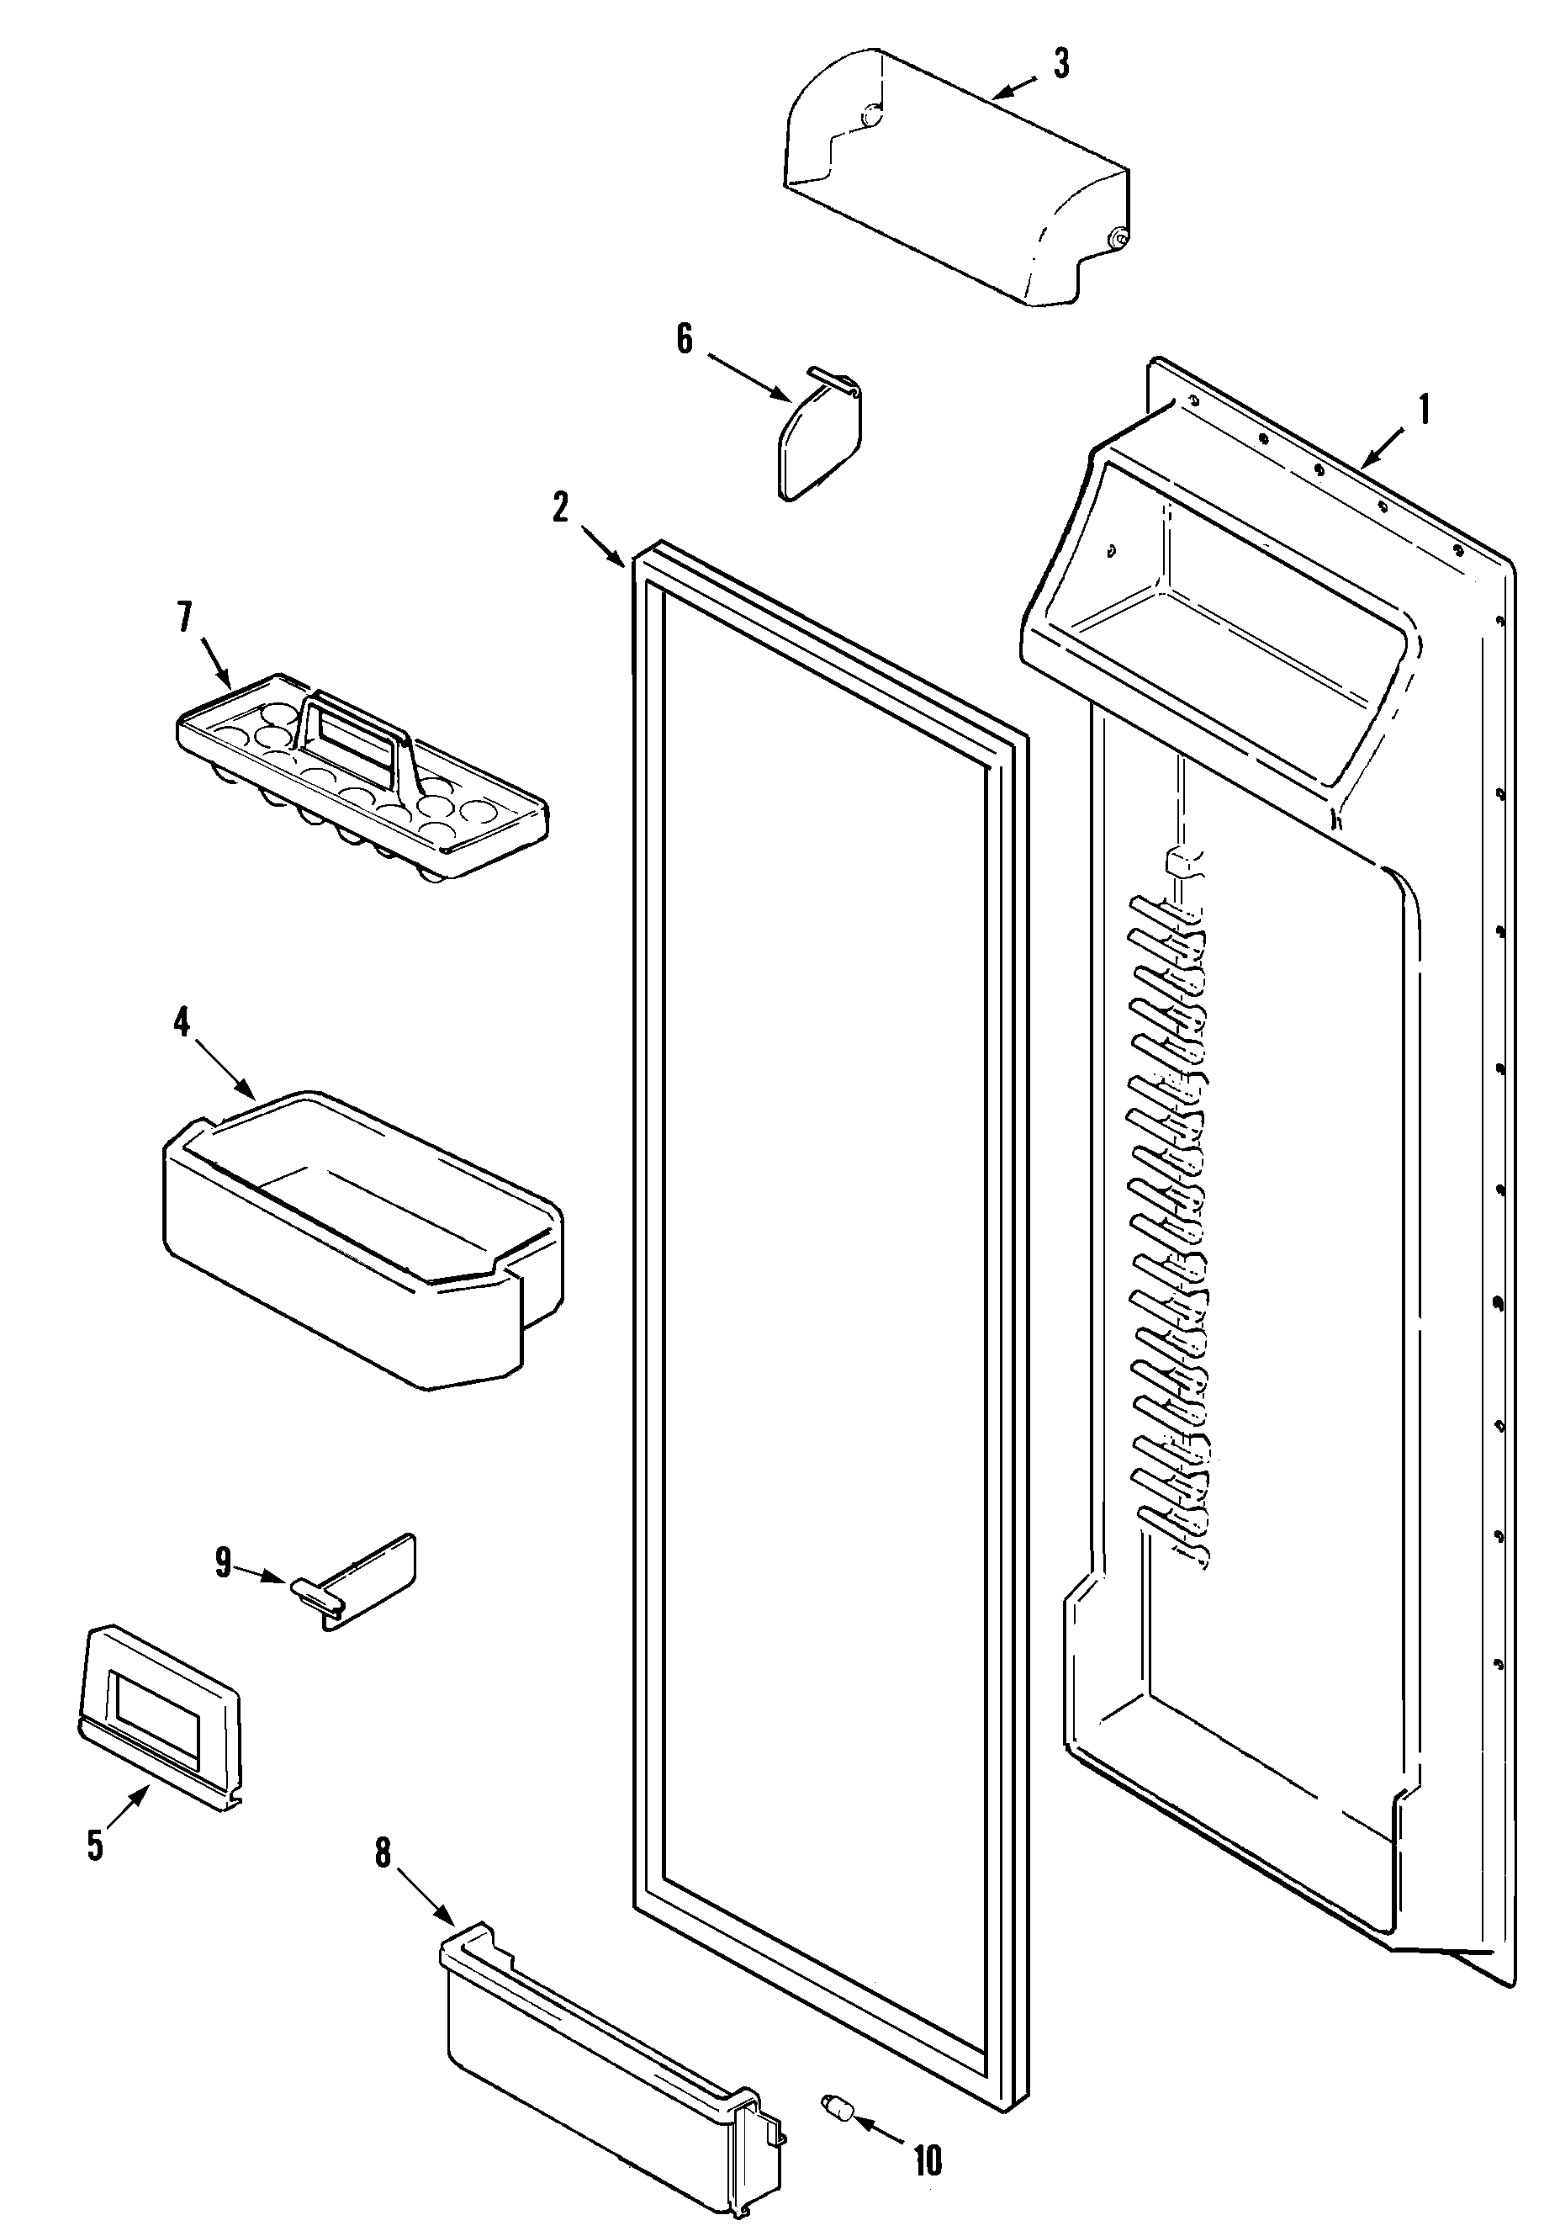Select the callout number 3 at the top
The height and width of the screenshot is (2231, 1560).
(1061, 63)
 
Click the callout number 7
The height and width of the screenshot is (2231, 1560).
(184, 616)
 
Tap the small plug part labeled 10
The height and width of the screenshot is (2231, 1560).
(838, 2100)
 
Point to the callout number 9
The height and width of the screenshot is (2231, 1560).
(224, 1563)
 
